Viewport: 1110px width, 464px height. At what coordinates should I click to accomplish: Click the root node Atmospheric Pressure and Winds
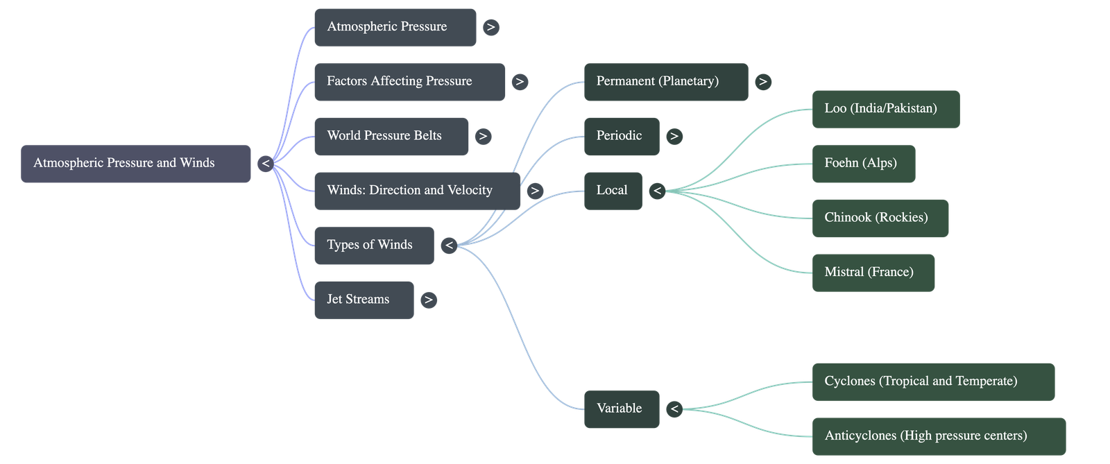[135, 164]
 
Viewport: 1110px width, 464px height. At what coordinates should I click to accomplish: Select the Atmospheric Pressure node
[395, 27]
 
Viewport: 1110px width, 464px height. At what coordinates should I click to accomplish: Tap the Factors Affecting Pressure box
[409, 82]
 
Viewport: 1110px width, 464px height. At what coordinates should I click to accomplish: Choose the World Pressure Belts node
[391, 136]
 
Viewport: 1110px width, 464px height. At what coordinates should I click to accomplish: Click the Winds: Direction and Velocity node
[416, 191]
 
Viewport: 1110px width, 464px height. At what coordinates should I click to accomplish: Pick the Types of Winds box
[373, 246]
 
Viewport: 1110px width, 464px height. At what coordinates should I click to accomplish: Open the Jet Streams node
[364, 300]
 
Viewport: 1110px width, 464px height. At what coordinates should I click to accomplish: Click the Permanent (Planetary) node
[665, 82]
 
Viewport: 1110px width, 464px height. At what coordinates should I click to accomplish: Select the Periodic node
[622, 136]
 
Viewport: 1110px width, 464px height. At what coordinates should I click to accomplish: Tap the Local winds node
[613, 191]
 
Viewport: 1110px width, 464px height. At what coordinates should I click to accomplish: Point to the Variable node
[622, 409]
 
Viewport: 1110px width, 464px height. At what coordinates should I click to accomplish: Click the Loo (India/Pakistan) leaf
[885, 109]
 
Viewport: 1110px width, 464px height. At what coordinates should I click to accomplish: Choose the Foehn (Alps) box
[863, 164]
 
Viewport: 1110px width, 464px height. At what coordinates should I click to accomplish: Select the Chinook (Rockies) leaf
[880, 218]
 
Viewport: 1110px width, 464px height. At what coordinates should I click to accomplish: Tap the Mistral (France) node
[873, 273]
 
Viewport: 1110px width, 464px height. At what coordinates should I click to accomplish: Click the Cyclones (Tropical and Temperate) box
[932, 381]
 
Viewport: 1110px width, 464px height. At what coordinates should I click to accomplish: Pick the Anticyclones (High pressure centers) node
[938, 436]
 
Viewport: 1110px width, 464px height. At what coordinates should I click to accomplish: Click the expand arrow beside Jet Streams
[429, 300]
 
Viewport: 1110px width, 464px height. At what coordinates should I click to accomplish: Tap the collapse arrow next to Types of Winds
[449, 246]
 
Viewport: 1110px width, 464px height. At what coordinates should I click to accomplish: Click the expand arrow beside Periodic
[674, 137]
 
